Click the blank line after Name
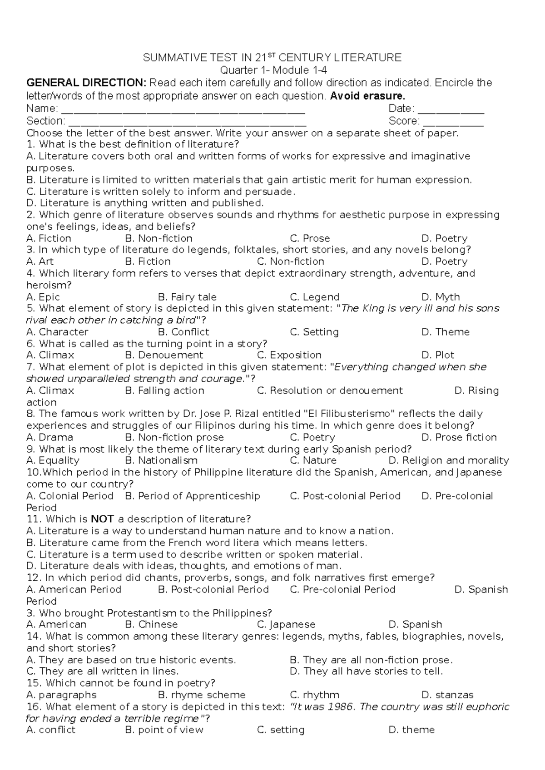click(x=183, y=110)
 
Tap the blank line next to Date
click(x=451, y=110)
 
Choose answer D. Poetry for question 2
click(x=444, y=238)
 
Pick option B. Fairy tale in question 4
click(x=187, y=297)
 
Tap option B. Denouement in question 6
click(x=164, y=355)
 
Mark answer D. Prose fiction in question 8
click(x=459, y=437)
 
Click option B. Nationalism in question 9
click(x=161, y=460)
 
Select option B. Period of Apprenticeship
click(x=192, y=496)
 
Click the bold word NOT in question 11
click(x=102, y=519)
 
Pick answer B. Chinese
click(x=151, y=624)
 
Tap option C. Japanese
click(x=286, y=624)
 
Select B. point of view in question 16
click(x=164, y=730)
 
